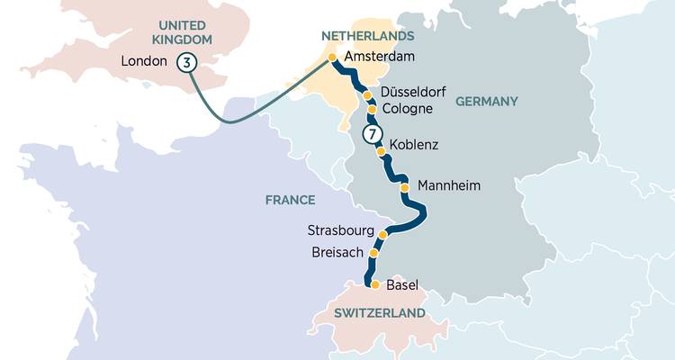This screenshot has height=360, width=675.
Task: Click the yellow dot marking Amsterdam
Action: [332, 57]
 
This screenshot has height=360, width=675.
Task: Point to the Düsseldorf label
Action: [413, 93]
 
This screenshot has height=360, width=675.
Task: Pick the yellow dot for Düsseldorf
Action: [367, 94]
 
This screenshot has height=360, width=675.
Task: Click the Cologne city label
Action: [408, 109]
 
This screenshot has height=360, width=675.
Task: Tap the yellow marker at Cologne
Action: [372, 110]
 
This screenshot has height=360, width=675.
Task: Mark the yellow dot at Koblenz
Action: [380, 152]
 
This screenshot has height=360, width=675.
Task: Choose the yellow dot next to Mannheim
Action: [404, 187]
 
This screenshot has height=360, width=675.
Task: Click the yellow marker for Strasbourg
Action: [383, 235]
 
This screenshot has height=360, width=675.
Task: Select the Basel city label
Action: [402, 285]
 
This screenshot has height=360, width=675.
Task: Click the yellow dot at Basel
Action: [375, 284]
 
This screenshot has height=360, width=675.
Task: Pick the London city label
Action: [144, 62]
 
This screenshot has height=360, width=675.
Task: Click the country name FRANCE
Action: [290, 200]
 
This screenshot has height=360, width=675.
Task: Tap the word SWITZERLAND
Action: [379, 313]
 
